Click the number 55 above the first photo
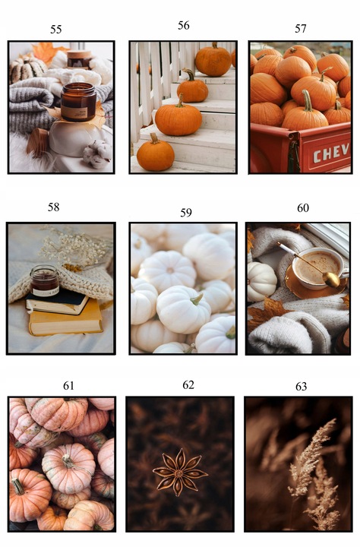point(55,30)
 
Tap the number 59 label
point(186,213)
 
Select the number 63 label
point(301,387)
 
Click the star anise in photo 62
point(180,472)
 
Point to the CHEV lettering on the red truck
point(331,153)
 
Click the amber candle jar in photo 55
point(78,102)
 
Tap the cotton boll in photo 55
point(97,153)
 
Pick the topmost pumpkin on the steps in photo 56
point(213,60)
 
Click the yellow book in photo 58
point(66,322)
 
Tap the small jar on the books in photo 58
point(44,280)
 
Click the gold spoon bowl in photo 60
point(330,279)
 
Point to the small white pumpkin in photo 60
point(261,281)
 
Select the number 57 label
point(300,29)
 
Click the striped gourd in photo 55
point(27,69)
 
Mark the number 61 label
point(68,386)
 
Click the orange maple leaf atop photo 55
point(47,52)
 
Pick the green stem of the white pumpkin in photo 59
point(197,299)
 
